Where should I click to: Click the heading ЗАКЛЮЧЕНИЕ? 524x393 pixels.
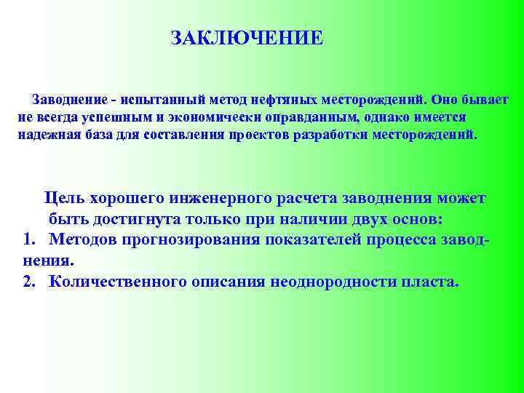coord(247,38)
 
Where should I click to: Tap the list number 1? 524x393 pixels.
coord(28,239)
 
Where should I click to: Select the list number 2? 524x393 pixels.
coord(28,282)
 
